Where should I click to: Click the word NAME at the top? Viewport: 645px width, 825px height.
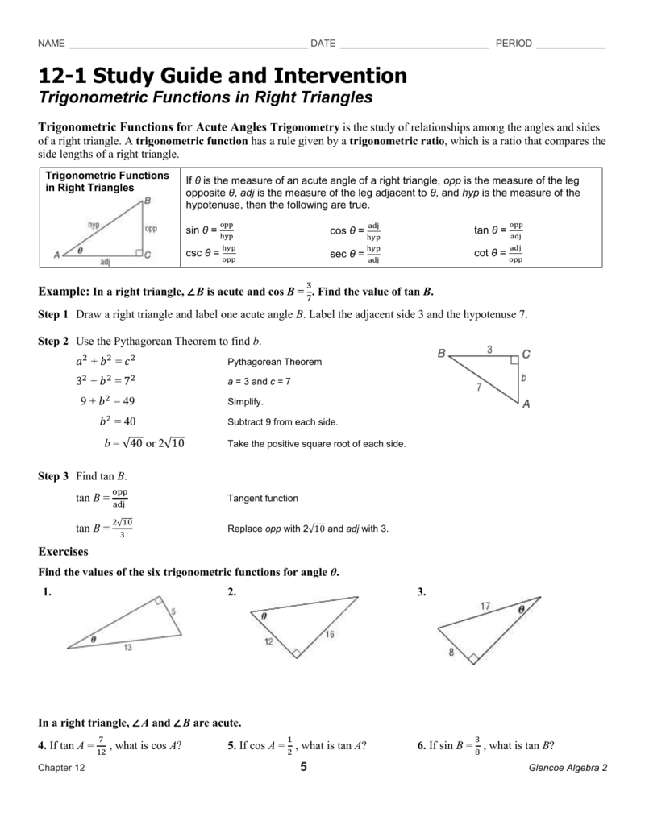pos(52,44)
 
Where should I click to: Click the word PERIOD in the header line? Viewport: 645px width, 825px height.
pos(514,44)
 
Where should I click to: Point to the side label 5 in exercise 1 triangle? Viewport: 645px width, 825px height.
pos(173,612)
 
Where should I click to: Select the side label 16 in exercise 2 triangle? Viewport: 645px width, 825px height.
pos(330,635)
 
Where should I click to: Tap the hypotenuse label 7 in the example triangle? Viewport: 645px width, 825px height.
pos(479,387)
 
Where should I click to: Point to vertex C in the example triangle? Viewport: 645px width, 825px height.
pos(526,354)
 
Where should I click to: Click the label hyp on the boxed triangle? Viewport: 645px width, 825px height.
pos(94,226)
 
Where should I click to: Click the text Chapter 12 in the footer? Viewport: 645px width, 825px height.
pos(61,769)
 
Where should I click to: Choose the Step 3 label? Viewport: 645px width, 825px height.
pos(53,477)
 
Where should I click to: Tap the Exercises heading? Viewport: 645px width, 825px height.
pos(64,552)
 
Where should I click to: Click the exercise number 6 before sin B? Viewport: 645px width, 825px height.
pos(421,745)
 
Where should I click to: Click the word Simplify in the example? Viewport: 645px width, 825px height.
pos(245,401)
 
